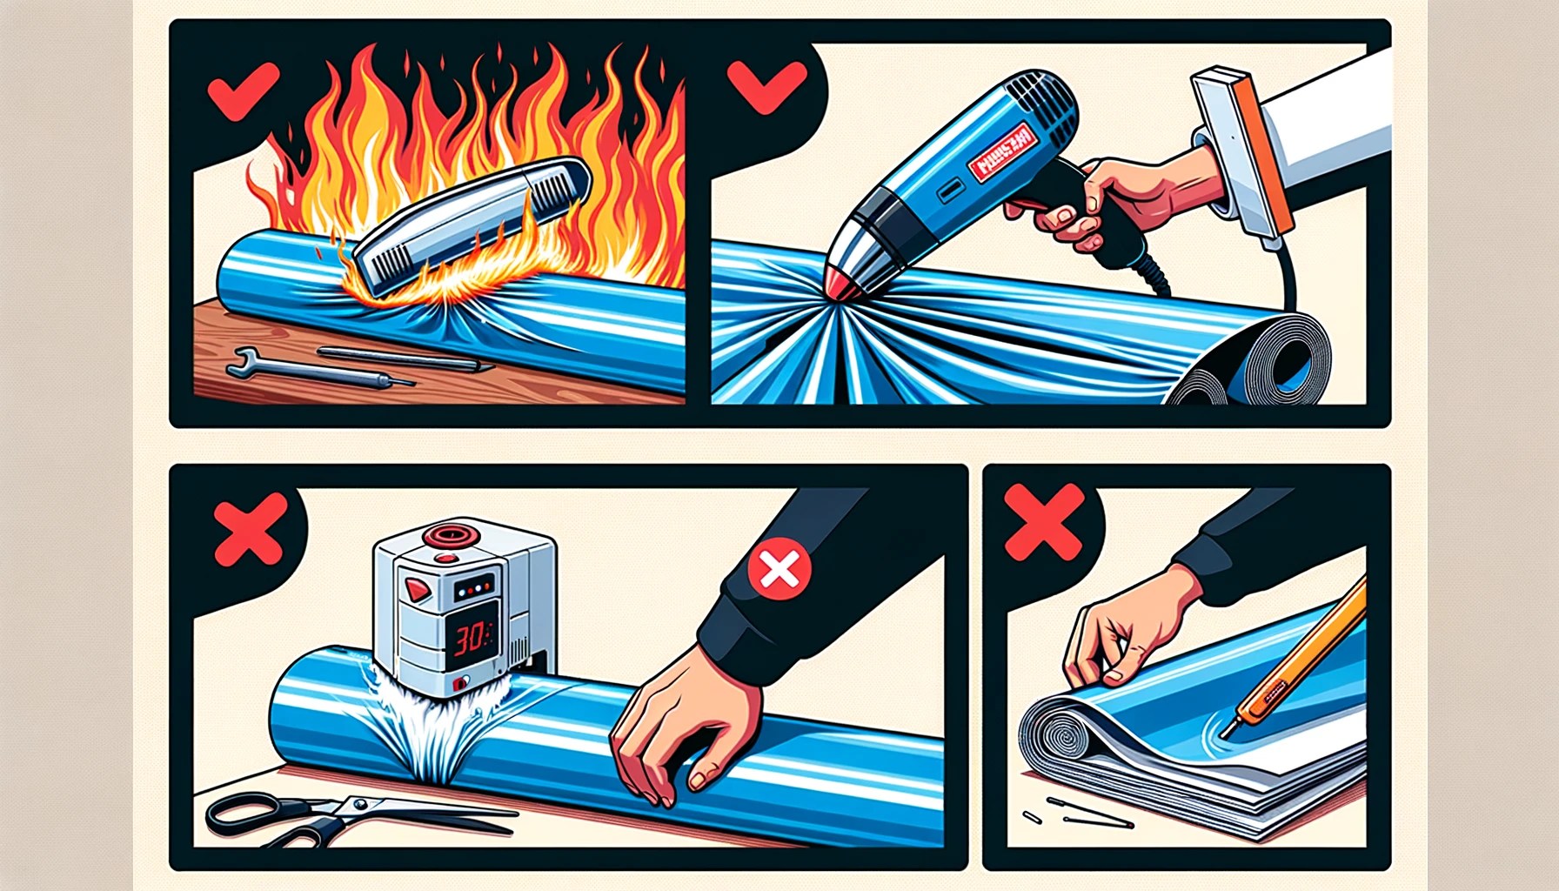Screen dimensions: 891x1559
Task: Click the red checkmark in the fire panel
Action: point(243,90)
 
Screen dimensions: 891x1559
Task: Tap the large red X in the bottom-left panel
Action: point(251,529)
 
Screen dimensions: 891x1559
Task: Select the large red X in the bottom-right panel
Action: point(1043,521)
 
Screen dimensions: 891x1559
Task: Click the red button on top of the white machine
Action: point(449,533)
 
